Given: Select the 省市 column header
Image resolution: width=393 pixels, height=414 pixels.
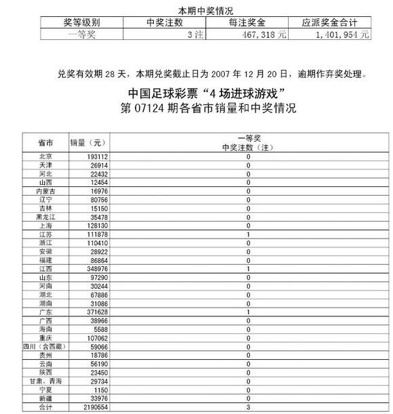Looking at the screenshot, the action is (46, 143).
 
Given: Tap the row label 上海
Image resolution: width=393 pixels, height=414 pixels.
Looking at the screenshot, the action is (46, 226).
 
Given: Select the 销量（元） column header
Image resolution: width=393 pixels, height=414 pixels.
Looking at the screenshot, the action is (89, 143).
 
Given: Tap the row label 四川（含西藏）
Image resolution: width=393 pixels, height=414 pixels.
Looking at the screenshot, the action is (46, 347).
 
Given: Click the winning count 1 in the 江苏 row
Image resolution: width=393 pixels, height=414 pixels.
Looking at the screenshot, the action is (249, 234).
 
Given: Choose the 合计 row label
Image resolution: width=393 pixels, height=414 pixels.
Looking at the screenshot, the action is (46, 407).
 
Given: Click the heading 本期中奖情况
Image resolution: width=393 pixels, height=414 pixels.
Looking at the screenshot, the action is (205, 9).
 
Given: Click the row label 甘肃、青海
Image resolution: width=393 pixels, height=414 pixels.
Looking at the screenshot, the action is (46, 381).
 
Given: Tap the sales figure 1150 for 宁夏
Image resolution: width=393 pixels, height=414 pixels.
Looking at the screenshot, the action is (100, 390).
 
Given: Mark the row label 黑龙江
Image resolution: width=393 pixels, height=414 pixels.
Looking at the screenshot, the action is (46, 217).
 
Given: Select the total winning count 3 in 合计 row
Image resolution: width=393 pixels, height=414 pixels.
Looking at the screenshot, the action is (249, 407).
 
